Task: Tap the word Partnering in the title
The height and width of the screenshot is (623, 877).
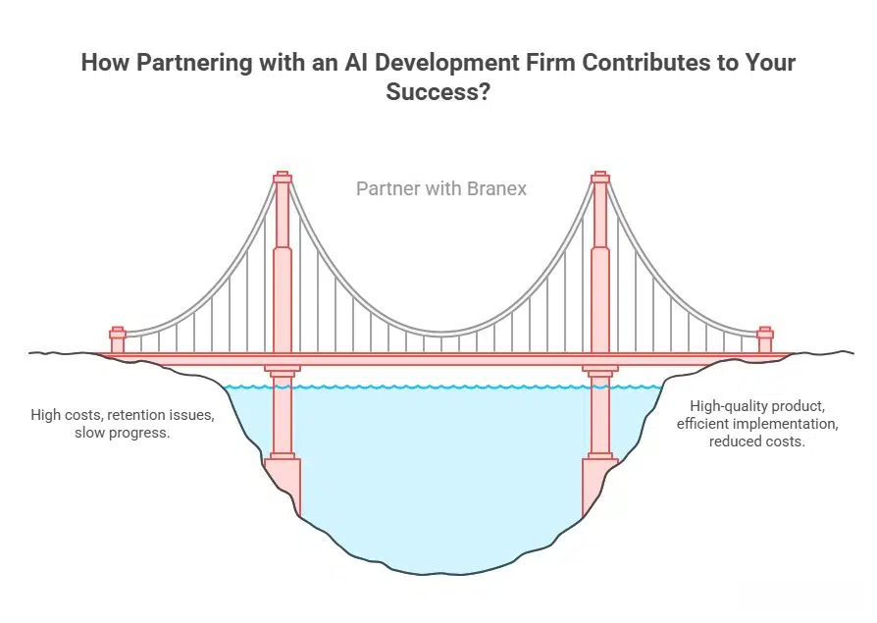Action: (186, 63)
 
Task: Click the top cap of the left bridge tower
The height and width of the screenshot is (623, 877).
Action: (283, 178)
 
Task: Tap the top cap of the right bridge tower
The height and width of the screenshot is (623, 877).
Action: (600, 178)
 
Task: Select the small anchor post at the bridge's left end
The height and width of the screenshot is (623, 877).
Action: (118, 339)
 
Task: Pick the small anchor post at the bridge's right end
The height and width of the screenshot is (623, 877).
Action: (765, 339)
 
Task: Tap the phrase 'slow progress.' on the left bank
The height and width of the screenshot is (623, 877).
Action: (123, 433)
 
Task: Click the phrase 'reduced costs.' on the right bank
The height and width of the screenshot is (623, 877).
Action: (757, 441)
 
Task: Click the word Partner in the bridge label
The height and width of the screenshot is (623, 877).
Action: (389, 188)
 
